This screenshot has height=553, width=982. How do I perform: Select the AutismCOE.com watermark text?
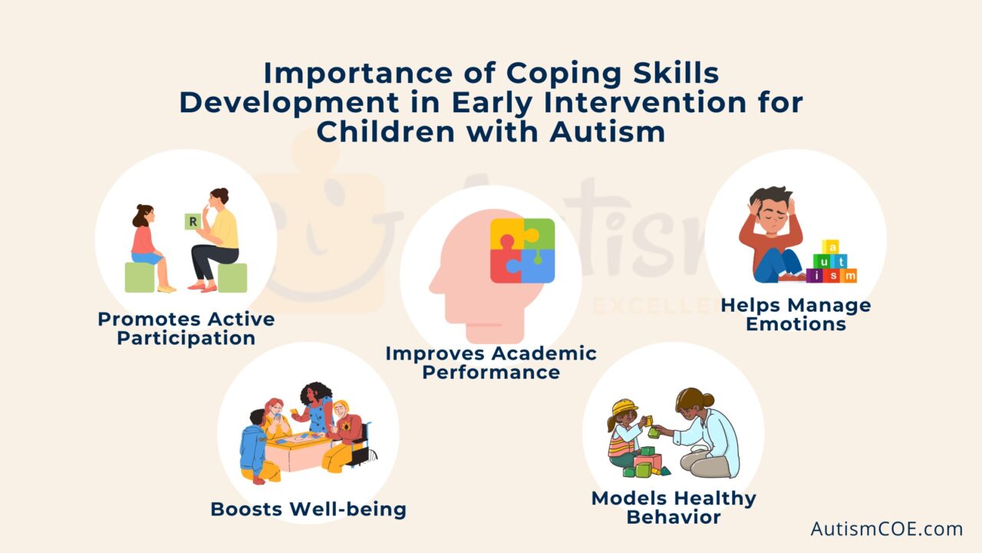coord(886,528)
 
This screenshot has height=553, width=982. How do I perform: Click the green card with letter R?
coord(192,223)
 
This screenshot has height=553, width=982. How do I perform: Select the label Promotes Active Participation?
coord(186,328)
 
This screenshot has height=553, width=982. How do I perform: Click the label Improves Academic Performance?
coord(490,363)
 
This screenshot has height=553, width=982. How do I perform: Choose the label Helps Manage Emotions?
coord(796,314)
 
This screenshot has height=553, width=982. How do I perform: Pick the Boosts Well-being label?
coord(308,508)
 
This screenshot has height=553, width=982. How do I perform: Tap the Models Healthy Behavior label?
coord(673,507)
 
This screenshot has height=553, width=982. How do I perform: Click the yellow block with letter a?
coord(830,247)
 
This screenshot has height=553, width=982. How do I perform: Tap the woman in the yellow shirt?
coord(220,230)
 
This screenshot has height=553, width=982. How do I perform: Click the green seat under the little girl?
coord(140,277)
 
